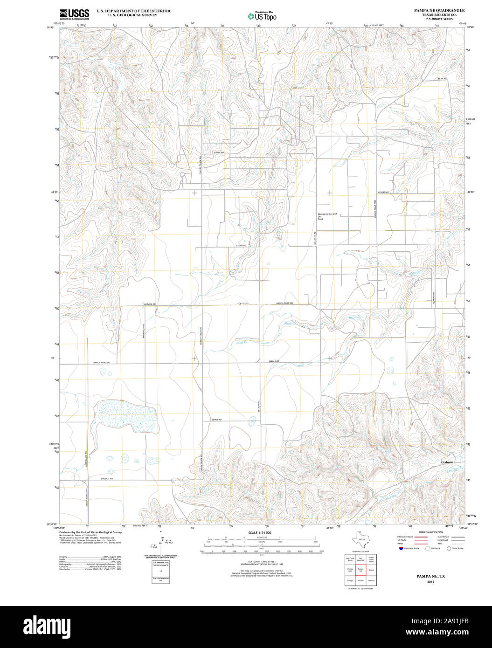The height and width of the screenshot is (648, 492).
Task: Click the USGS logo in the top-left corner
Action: click(74, 14)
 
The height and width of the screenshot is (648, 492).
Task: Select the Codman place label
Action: click(447, 462)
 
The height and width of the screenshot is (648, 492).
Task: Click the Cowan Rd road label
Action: click(383, 192)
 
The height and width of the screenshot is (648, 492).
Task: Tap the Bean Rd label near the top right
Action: click(442, 78)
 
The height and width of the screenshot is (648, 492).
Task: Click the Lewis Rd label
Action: click(216, 420)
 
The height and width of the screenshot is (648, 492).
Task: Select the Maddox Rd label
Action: click(106, 479)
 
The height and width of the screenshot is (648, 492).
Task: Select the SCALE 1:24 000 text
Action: click(260, 532)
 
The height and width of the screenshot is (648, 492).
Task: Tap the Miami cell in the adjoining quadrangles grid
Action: click(371, 569)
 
